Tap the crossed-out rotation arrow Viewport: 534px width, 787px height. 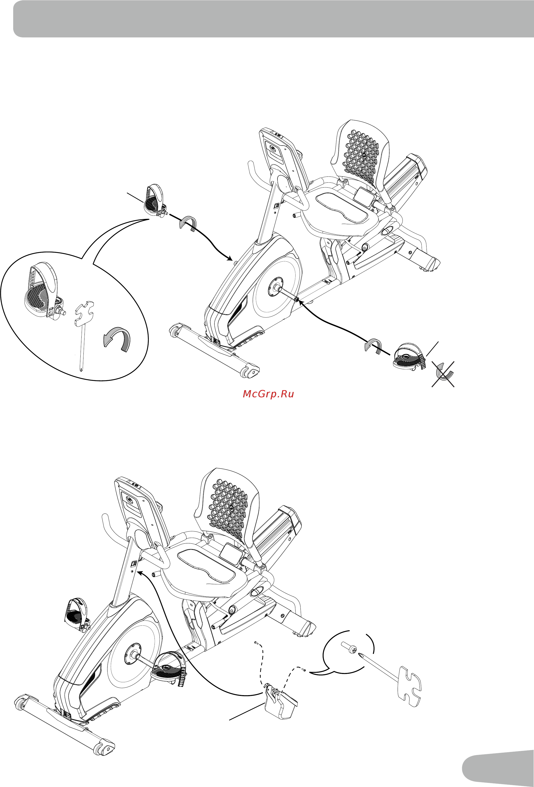pos(444,374)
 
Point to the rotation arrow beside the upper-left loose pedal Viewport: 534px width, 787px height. pos(188,223)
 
